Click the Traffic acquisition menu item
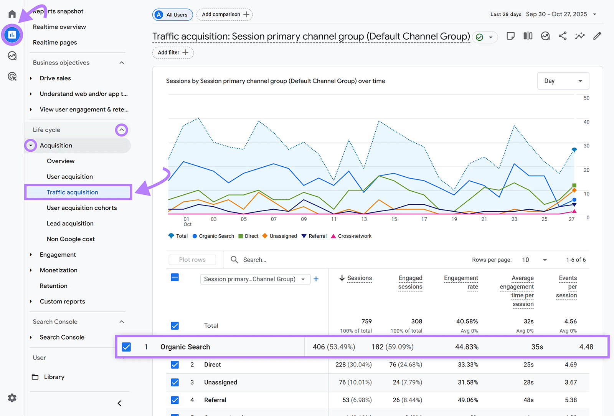(73, 192)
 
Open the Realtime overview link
(59, 27)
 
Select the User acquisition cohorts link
(82, 208)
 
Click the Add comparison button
(225, 15)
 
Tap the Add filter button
(173, 53)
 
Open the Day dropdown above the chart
(563, 81)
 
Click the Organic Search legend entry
(213, 236)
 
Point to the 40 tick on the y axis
(586, 122)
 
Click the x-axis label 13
(364, 219)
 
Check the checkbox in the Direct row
(175, 365)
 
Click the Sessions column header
(359, 278)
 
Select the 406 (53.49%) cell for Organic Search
(333, 347)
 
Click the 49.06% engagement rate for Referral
(468, 400)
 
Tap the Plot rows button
(192, 260)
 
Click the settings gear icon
(12, 398)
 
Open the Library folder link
(54, 377)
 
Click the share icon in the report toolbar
(563, 36)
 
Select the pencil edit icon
(597, 36)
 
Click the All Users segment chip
(173, 15)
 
